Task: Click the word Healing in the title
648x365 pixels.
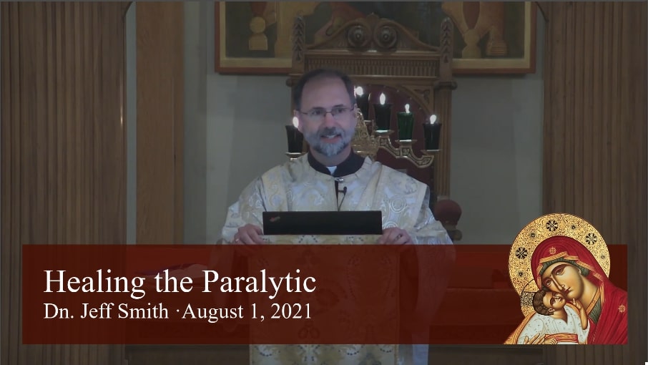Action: coord(94,283)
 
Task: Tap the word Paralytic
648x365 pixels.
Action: coord(259,283)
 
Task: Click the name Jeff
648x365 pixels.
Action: coord(98,311)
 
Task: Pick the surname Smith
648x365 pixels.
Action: coord(144,311)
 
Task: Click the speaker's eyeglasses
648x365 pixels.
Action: coord(326,112)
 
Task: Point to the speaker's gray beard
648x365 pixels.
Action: coord(328,140)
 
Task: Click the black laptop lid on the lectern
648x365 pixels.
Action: coord(323,223)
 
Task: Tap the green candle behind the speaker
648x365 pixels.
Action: coord(406,126)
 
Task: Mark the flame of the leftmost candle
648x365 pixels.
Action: coord(296,122)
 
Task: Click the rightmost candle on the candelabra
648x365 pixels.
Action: coord(432,135)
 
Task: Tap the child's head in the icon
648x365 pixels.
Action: coord(544,301)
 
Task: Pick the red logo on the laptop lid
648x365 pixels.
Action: coord(275,218)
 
